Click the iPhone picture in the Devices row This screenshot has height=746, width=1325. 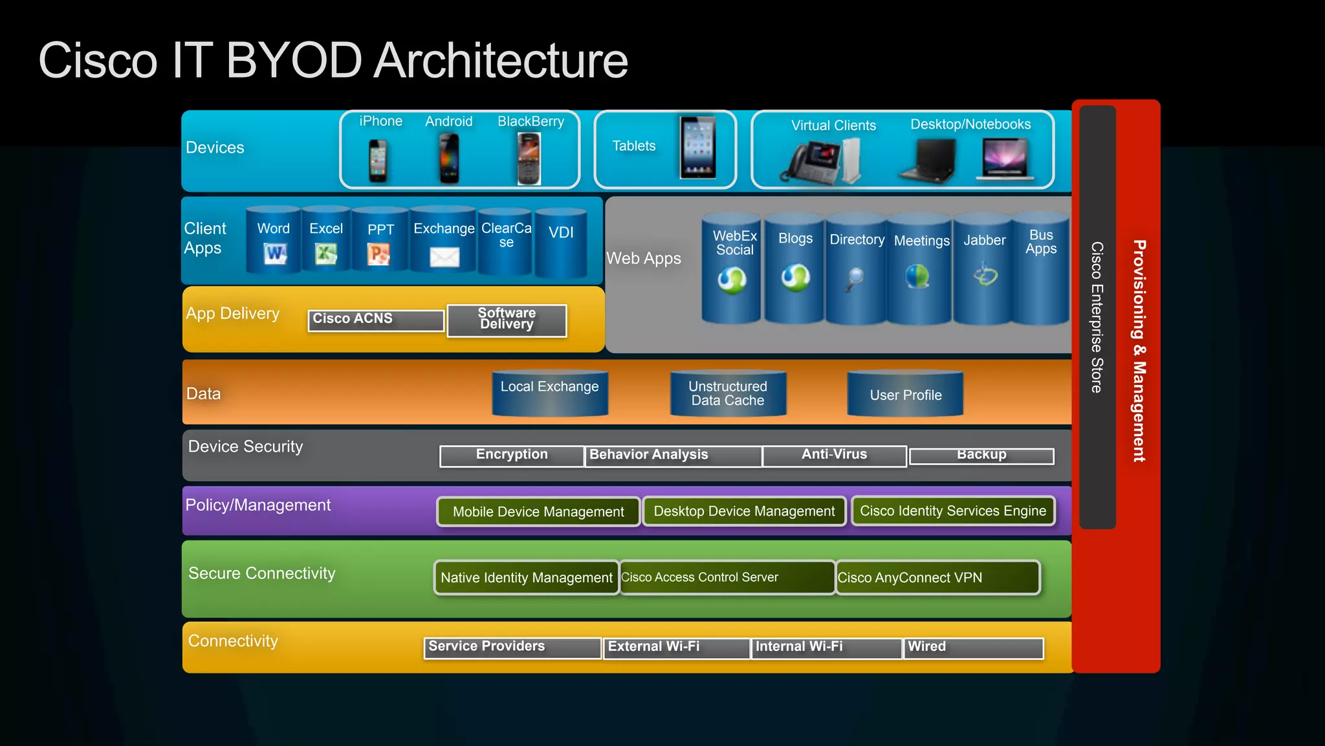coord(378,160)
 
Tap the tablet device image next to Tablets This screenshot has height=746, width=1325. coord(697,147)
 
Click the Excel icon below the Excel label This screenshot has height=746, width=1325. coord(325,254)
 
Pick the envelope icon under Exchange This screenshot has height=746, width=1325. coord(444,257)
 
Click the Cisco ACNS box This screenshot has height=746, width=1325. coord(376,320)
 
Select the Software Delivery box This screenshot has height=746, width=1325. coord(507,320)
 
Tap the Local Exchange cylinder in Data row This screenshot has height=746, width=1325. coord(549,393)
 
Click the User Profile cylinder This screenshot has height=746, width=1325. coord(905,393)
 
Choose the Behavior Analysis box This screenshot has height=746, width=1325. coord(673,455)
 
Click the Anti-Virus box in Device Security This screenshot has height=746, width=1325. coord(834,455)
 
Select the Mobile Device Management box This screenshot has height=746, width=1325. coord(538,511)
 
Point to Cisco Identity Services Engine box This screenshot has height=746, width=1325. coord(952,510)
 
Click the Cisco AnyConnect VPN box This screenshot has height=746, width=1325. coord(937,577)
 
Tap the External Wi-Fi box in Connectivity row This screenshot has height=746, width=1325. coord(676,647)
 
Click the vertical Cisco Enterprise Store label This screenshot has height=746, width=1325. coord(1097,317)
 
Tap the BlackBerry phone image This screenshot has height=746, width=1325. coord(529,159)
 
